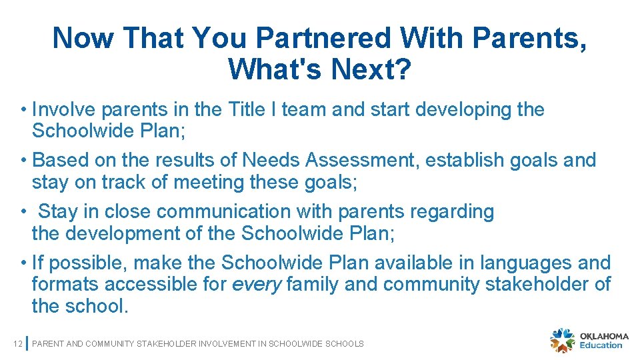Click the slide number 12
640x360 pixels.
point(17,343)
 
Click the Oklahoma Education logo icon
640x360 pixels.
point(562,339)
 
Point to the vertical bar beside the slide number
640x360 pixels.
point(27,343)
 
